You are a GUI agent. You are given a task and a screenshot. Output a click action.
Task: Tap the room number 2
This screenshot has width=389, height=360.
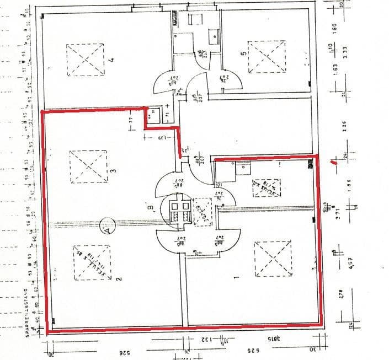click(118, 279)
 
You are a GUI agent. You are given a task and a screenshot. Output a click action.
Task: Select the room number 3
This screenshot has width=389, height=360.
click(112, 171)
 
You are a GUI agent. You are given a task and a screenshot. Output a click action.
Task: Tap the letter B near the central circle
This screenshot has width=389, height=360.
click(150, 207)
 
